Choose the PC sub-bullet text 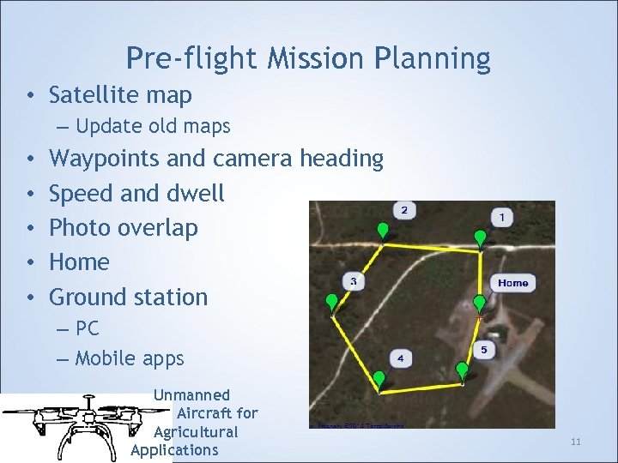coord(88,328)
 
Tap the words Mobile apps coord(130,358)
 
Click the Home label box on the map coord(512,282)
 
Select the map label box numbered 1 coord(502,218)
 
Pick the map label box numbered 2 coord(404,210)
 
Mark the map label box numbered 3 coord(354,281)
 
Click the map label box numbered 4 coord(401,357)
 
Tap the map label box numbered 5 coord(483,350)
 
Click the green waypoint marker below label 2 coord(383,231)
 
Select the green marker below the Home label coord(479,303)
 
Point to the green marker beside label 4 coord(379,378)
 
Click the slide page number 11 coord(576,442)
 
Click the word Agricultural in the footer coord(196,431)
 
